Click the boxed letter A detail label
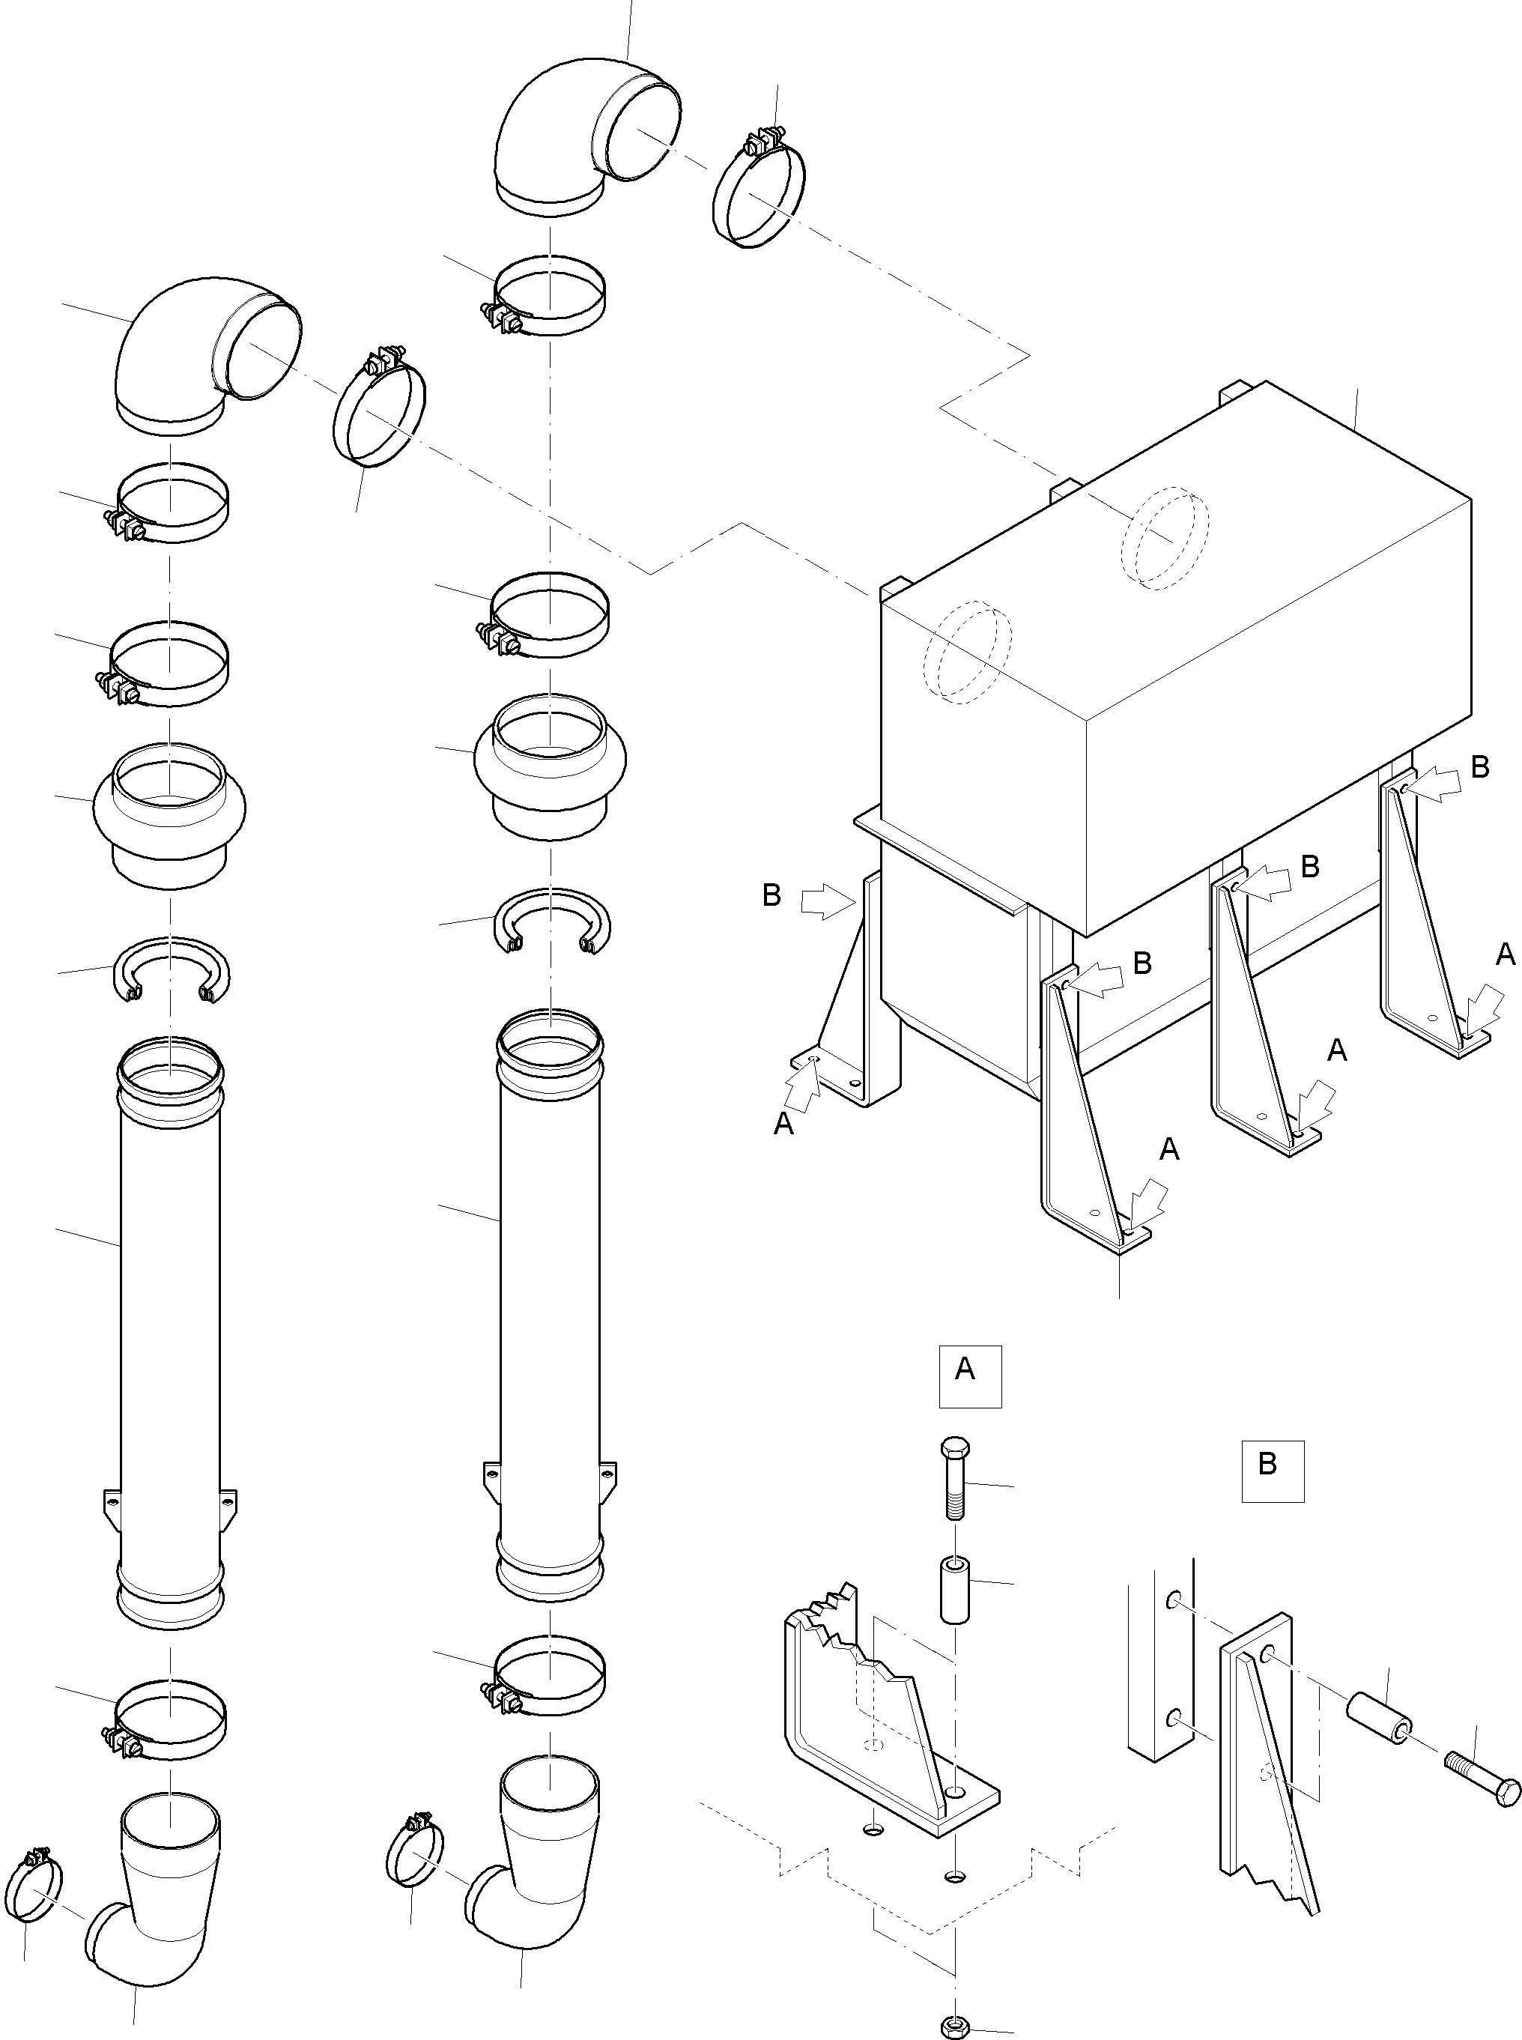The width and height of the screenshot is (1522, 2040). [x=969, y=1376]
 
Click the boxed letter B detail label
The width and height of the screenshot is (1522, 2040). [x=1271, y=1471]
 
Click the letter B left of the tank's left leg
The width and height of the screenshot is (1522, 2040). [x=772, y=895]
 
